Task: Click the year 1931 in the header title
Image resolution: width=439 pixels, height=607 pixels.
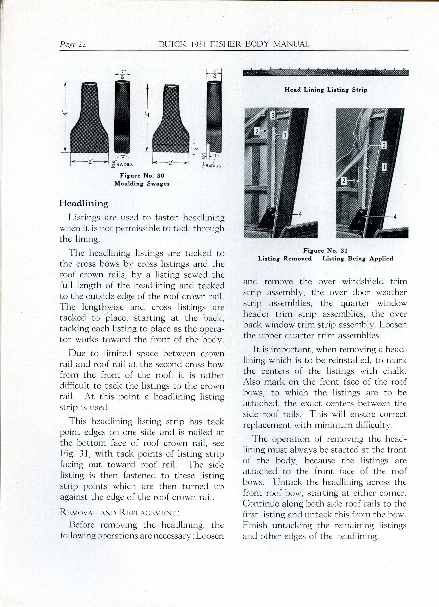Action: (x=199, y=44)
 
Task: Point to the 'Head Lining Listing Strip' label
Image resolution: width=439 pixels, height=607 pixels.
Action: (x=326, y=90)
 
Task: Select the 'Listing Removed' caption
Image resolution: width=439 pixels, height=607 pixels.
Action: (x=285, y=258)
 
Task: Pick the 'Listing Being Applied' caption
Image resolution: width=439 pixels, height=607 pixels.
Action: (x=358, y=258)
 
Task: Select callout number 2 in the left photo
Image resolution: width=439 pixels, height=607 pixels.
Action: (x=257, y=131)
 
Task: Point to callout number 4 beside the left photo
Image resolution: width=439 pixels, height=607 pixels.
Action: (x=300, y=214)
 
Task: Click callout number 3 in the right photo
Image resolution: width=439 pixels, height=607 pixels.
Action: (x=384, y=146)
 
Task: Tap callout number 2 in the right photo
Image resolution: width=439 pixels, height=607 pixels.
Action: (x=344, y=181)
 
